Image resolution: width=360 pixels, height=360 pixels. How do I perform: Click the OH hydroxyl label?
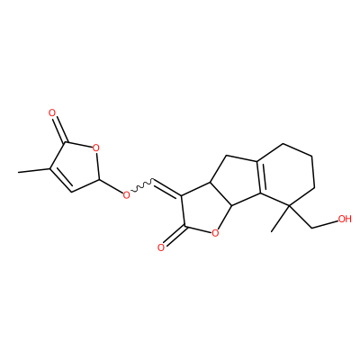click(345, 219)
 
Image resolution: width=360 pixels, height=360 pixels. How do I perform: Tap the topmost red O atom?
click(52, 113)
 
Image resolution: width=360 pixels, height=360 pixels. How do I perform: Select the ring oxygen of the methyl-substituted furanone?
click(95, 148)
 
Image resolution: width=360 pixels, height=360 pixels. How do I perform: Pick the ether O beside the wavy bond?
click(127, 194)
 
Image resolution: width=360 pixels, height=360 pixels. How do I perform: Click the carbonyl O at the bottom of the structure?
click(161, 247)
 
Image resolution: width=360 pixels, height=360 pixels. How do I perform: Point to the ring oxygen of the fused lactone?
click(214, 232)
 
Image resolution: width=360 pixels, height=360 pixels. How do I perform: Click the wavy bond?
click(142, 186)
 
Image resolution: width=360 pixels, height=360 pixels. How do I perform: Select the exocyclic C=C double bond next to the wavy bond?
click(167, 189)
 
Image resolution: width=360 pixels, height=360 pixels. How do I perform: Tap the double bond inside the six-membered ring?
click(260, 178)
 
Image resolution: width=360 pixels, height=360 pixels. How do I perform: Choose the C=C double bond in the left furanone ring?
click(60, 179)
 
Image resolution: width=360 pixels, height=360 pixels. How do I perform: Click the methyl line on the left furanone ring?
click(33, 170)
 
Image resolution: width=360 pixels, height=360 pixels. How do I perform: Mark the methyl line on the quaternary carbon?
click(281, 219)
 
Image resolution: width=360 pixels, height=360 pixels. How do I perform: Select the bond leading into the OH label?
click(325, 225)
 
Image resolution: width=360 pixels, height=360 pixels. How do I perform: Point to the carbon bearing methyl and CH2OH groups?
click(291, 205)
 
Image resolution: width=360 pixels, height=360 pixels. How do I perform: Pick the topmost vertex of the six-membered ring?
click(283, 144)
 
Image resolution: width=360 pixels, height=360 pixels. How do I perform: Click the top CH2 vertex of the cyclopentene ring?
click(227, 156)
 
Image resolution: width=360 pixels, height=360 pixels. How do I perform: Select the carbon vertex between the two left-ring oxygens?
click(99, 179)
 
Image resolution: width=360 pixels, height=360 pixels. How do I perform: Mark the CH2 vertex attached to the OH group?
click(312, 229)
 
